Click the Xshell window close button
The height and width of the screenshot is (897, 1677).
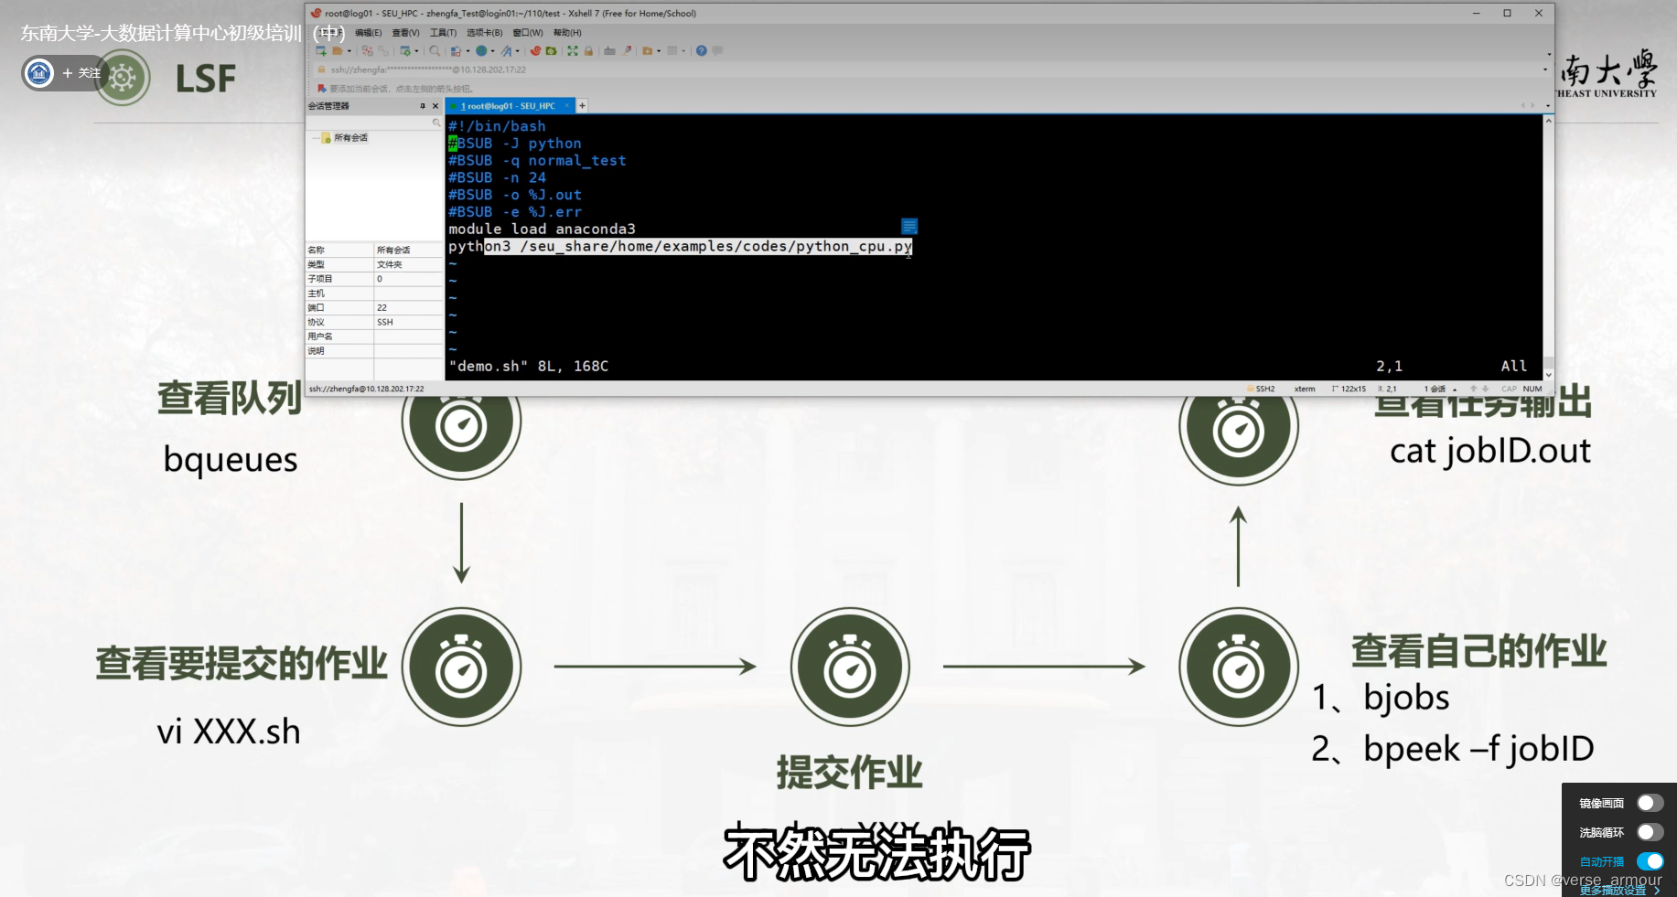[1539, 13]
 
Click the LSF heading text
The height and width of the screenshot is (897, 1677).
[206, 80]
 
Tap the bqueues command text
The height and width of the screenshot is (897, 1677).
[231, 459]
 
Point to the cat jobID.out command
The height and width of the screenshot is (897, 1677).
[1490, 451]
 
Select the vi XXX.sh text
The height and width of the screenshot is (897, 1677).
[229, 731]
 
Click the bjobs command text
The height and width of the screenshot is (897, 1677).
[1406, 698]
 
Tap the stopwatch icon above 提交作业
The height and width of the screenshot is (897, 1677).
[850, 667]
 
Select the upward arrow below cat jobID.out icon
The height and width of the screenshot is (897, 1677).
[1238, 546]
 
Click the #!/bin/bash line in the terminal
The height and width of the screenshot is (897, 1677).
[497, 126]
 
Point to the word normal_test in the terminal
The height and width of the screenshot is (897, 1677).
[577, 161]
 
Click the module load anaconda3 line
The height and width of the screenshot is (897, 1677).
[542, 229]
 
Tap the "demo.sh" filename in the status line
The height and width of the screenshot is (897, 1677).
[488, 366]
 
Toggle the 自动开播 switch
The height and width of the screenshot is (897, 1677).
[1650, 861]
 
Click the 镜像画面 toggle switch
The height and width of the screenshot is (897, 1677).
[1650, 803]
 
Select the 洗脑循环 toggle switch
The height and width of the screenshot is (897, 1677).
[1650, 832]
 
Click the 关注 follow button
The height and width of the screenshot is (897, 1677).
[82, 73]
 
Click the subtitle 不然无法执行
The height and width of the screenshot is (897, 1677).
[876, 853]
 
